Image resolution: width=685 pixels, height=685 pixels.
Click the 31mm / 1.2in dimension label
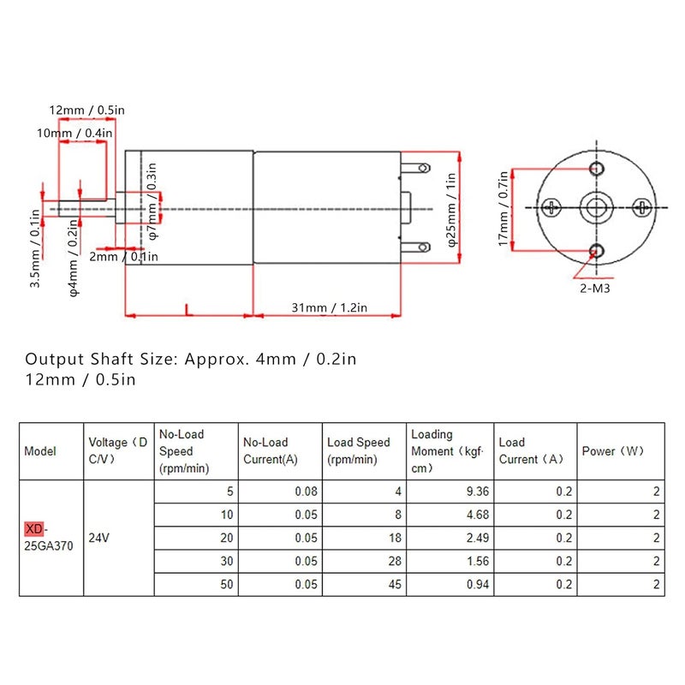coord(328,307)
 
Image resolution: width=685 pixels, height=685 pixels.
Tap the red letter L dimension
coord(188,309)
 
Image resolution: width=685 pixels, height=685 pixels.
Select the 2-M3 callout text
coord(595,289)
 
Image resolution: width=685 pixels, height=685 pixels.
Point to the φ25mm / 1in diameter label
coord(451,208)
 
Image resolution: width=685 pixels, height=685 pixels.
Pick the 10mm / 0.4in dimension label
coord(75,134)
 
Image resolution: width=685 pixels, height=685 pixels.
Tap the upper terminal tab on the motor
coord(419,167)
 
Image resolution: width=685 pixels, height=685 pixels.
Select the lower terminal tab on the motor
coord(419,247)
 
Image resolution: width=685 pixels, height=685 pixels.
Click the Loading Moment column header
coord(449,451)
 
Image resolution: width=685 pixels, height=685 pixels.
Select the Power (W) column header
coord(613,451)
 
